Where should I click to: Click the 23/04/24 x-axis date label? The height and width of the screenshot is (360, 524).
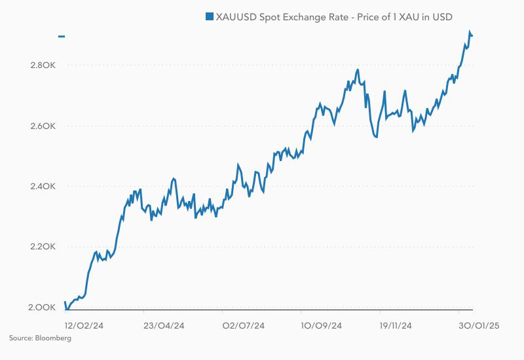coord(164,325)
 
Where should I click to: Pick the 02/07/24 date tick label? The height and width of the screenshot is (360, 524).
coord(243,325)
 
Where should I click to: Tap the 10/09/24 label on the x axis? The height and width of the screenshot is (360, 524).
coord(322,325)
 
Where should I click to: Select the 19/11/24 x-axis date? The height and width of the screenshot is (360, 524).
coord(396,325)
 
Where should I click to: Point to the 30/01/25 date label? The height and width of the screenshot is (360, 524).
coord(478,325)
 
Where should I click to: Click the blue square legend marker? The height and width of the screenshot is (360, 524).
coord(209,16)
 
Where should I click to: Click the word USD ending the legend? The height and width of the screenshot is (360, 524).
coord(441,16)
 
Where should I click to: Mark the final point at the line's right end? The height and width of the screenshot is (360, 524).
coord(472,35)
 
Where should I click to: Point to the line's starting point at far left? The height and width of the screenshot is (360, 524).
coord(65,302)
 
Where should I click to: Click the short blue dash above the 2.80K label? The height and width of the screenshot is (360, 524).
coord(62,37)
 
